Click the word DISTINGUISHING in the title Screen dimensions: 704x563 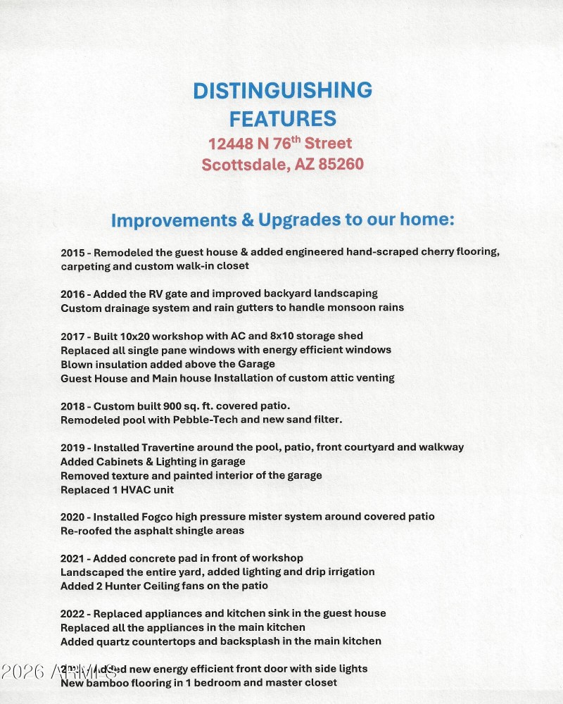coord(282,90)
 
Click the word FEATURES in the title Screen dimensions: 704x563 coord(282,118)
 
